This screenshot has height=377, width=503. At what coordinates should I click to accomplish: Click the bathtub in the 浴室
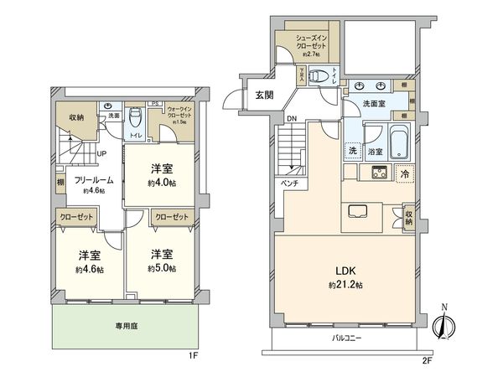click(397, 141)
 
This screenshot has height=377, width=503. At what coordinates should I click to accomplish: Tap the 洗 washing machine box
click(354, 152)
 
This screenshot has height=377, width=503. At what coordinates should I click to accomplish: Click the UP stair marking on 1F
click(101, 154)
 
